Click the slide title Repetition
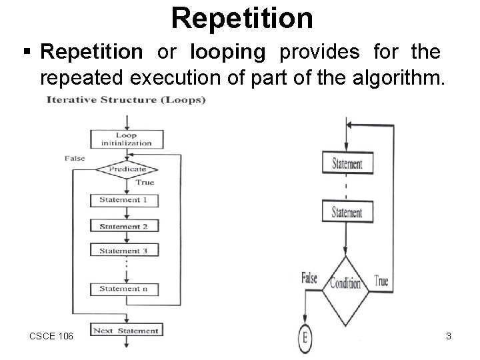[241, 18]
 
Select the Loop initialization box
[126, 139]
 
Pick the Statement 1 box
[126, 200]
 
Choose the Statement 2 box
[126, 227]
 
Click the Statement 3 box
[126, 251]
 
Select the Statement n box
[126, 289]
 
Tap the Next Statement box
[126, 330]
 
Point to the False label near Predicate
[75, 158]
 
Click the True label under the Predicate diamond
[145, 182]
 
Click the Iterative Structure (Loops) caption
[126, 101]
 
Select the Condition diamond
[345, 283]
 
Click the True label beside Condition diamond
[381, 281]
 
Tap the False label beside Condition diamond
[310, 277]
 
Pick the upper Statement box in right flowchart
[346, 164]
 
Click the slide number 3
[449, 336]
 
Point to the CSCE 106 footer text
[51, 336]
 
